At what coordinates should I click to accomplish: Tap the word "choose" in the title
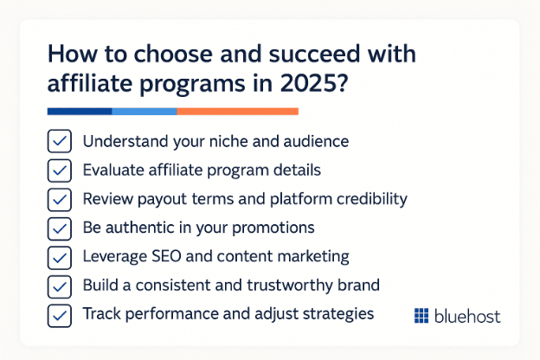pos(173,54)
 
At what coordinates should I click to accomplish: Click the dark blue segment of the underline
pos(80,112)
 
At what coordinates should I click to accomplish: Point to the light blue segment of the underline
pos(145,112)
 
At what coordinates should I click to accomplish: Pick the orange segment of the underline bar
pos(238,112)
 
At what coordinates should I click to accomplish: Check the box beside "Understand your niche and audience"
pos(60,141)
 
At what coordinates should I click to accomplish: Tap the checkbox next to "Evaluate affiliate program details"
pos(60,170)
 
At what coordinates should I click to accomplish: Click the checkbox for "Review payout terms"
pos(60,199)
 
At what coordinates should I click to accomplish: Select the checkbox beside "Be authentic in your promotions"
pos(60,228)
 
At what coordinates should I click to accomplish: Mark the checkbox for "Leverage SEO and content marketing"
pos(60,257)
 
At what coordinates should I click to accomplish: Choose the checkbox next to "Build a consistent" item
pos(60,286)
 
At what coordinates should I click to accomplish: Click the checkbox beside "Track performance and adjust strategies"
pos(60,315)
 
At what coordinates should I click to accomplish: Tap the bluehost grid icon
pos(421,316)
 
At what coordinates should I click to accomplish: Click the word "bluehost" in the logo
pos(467,316)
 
